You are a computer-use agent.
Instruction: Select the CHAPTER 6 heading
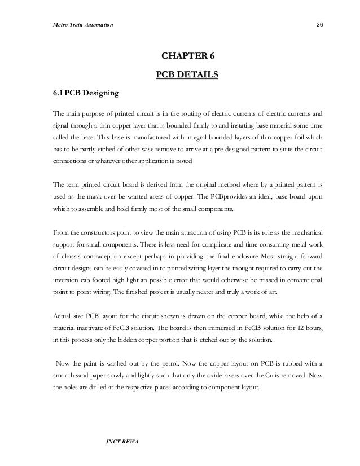click(x=188, y=56)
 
